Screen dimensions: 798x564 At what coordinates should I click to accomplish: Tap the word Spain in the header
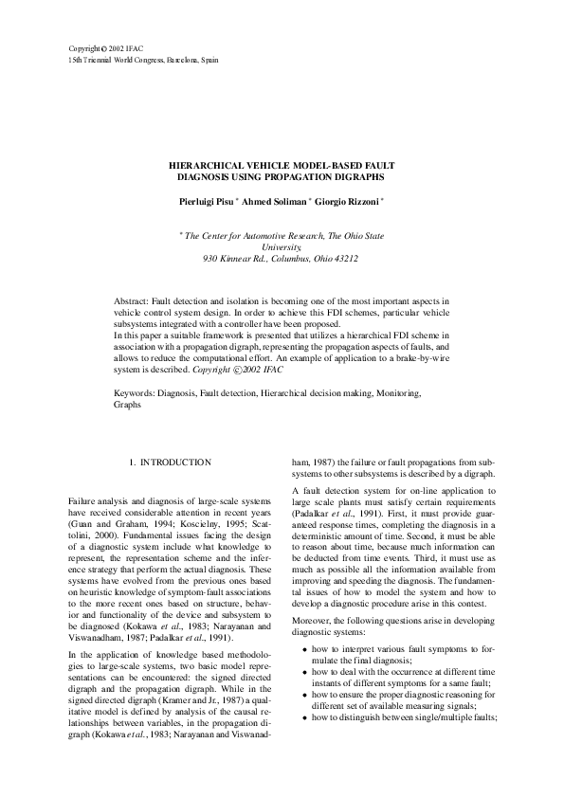208,59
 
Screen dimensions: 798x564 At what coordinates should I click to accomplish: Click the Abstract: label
133,299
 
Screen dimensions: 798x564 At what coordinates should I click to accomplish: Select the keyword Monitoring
396,391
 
